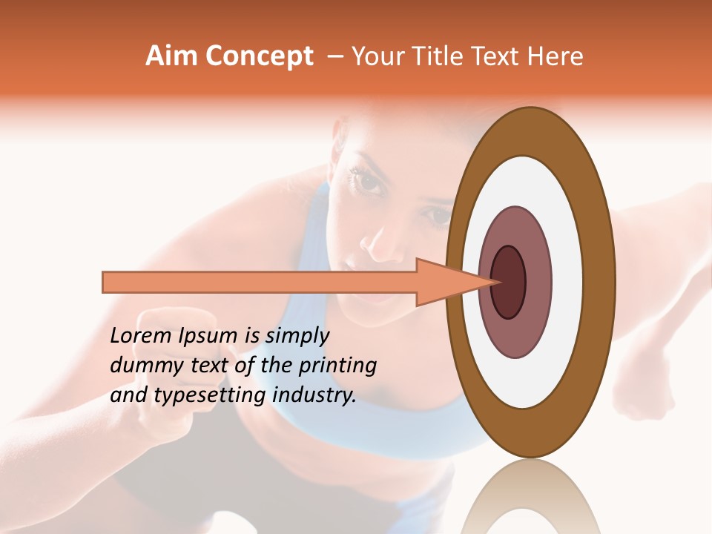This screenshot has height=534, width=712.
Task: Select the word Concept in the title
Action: (258, 57)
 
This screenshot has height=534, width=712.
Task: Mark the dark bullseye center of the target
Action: (508, 282)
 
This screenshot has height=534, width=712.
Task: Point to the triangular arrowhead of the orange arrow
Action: (445, 282)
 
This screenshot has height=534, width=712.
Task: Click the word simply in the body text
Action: (297, 336)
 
